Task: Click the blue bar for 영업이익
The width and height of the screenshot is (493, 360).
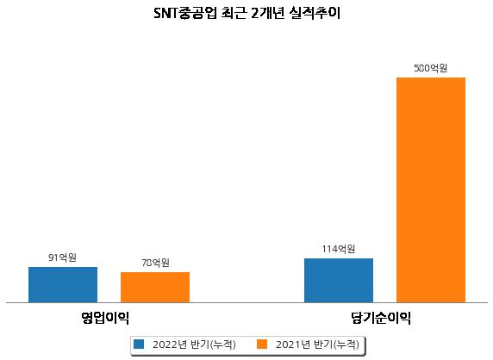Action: click(x=63, y=284)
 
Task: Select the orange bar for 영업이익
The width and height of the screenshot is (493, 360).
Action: click(x=155, y=287)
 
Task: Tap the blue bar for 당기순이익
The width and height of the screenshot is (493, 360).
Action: click(x=339, y=280)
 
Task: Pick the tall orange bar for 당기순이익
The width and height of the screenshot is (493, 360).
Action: click(x=431, y=189)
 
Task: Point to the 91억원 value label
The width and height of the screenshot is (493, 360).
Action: click(x=62, y=258)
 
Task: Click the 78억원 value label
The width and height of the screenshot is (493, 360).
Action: click(x=155, y=263)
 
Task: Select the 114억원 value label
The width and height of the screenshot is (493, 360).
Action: click(x=339, y=249)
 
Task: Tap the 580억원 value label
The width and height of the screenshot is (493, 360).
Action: click(x=431, y=68)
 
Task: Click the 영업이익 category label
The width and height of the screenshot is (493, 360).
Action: click(x=105, y=318)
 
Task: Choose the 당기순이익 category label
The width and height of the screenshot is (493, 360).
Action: click(x=381, y=318)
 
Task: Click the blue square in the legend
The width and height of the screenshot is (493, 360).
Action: click(x=139, y=344)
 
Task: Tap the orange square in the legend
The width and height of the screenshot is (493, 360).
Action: click(x=262, y=344)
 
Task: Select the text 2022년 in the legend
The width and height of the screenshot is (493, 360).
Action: click(x=170, y=344)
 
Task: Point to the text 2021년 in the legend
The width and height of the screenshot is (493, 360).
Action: click(x=293, y=344)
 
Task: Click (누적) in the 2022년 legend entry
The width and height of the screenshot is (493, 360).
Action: click(x=222, y=344)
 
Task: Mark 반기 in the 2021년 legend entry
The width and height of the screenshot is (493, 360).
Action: click(x=323, y=344)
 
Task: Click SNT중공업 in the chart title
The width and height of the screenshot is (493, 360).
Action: click(x=185, y=13)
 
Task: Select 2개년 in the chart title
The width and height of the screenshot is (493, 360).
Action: click(x=267, y=13)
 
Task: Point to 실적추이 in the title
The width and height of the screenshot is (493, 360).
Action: click(x=315, y=13)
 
